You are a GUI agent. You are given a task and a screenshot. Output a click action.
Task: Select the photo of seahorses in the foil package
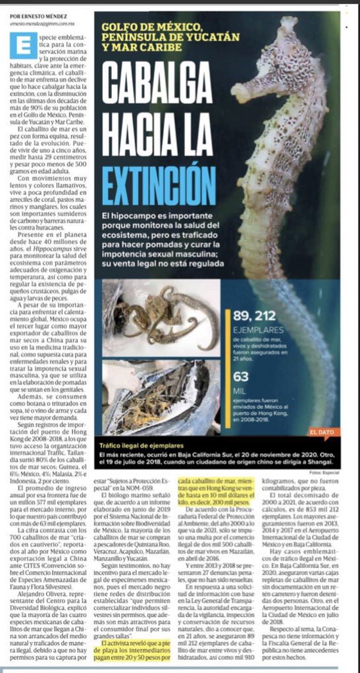coord(161,397)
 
